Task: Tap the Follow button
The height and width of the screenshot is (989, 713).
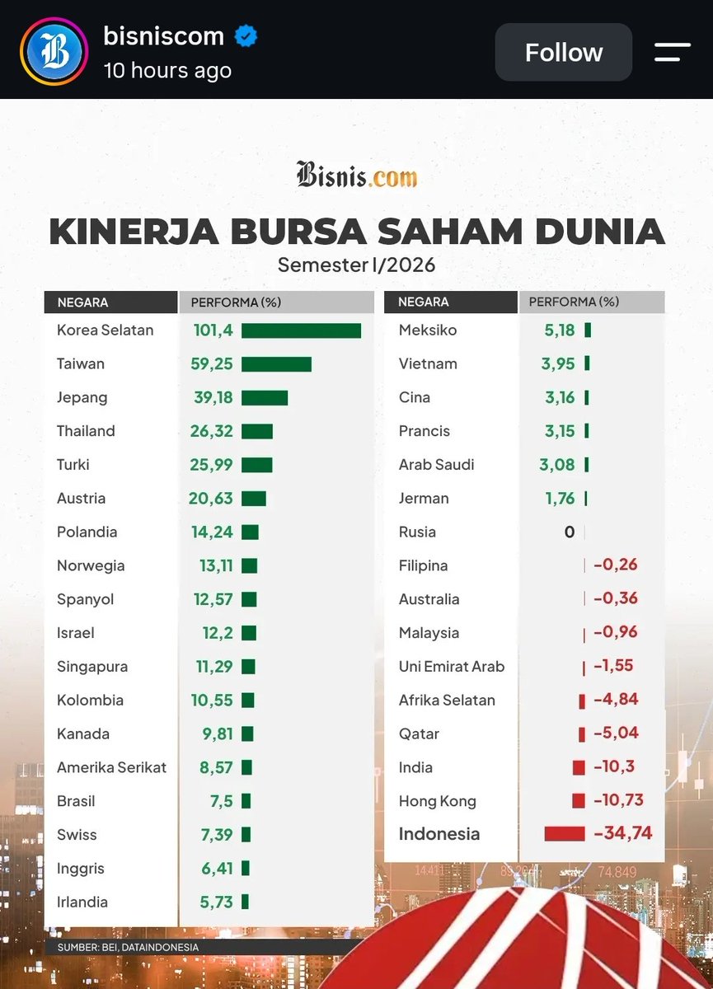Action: click(563, 52)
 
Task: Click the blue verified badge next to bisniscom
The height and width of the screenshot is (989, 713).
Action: click(246, 36)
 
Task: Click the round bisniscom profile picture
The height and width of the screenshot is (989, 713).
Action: click(54, 51)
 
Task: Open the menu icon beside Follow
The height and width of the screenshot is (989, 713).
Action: click(673, 52)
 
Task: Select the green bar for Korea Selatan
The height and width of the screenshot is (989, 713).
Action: click(301, 330)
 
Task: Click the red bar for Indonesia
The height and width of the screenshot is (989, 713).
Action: click(565, 834)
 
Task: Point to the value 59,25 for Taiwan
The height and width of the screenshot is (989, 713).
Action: click(212, 363)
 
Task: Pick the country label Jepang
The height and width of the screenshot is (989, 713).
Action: click(82, 398)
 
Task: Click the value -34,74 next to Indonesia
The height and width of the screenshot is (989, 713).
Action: click(623, 833)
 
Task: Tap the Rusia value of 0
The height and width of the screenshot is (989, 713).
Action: click(570, 532)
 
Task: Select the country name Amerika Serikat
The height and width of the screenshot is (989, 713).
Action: click(112, 767)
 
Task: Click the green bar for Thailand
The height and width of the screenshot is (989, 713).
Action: click(257, 431)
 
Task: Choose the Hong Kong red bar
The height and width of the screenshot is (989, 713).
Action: click(579, 800)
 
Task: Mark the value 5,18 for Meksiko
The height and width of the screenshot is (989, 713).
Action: click(560, 330)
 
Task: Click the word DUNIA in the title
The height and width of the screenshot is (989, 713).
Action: click(600, 232)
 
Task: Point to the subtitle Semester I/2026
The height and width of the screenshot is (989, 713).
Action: click(356, 265)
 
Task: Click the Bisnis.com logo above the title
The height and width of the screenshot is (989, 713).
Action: click(357, 175)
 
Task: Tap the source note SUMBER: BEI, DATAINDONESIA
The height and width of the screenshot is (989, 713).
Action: click(128, 947)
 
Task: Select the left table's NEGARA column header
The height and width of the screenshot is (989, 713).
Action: click(83, 302)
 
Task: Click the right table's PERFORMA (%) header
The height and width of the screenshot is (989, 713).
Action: click(574, 302)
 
